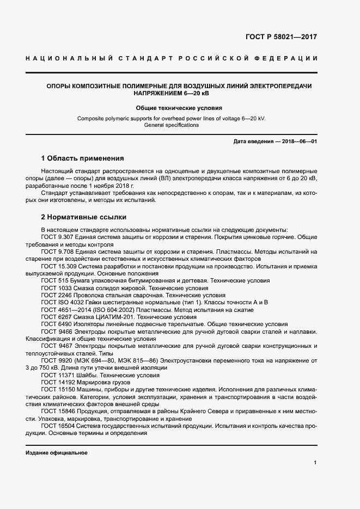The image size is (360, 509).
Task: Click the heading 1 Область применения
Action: coord(83,159)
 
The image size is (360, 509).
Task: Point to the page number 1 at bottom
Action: coord(315,462)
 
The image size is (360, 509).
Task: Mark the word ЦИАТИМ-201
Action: coord(114,316)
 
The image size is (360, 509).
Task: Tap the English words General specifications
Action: coord(172,125)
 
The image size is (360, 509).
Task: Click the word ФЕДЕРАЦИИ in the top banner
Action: coord(289,58)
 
